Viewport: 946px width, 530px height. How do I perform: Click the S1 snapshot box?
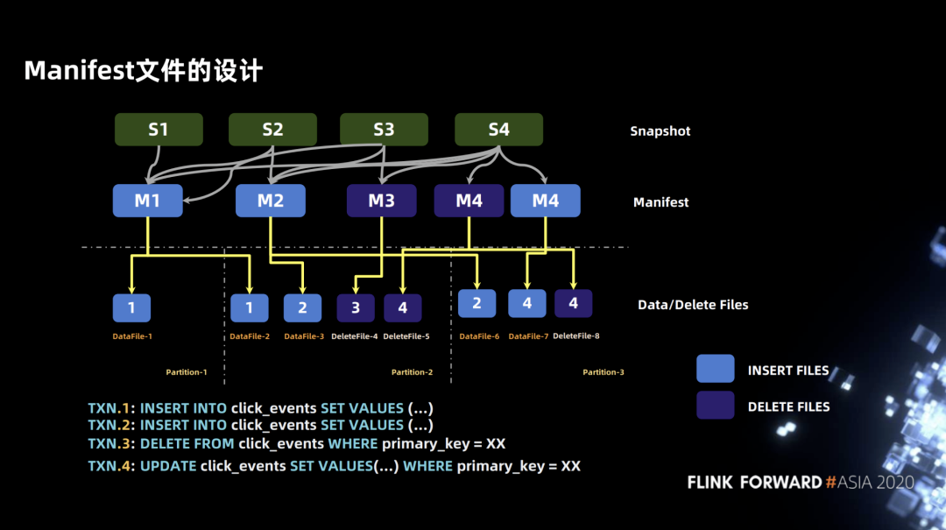click(x=159, y=129)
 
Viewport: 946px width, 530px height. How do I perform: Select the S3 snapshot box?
click(x=384, y=129)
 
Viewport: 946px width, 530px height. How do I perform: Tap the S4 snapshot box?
click(x=498, y=129)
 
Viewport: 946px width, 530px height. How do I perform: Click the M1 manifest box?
click(x=148, y=201)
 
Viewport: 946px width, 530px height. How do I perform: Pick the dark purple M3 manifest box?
click(x=381, y=201)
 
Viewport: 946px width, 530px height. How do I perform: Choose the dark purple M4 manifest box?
click(x=469, y=201)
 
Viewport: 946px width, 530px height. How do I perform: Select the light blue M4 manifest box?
click(x=546, y=201)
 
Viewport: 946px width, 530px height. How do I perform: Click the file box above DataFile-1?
click(x=131, y=307)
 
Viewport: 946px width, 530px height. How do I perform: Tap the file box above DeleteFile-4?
click(x=356, y=307)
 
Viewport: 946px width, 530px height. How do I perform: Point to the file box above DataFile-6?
click(x=477, y=303)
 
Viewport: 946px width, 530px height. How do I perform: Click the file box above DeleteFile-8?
click(x=573, y=303)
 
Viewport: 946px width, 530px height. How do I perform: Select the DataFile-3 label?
click(x=304, y=336)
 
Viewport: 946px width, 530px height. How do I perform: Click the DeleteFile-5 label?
click(x=406, y=336)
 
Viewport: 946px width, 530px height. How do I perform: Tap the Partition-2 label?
click(x=412, y=371)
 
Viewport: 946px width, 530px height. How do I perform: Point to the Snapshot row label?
click(x=660, y=131)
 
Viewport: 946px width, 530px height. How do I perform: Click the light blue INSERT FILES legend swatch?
click(x=716, y=368)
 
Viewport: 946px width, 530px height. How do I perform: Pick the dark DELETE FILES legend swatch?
click(x=716, y=405)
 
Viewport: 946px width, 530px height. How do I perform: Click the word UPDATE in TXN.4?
click(x=168, y=466)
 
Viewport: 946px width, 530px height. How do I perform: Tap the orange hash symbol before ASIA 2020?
click(x=830, y=483)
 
